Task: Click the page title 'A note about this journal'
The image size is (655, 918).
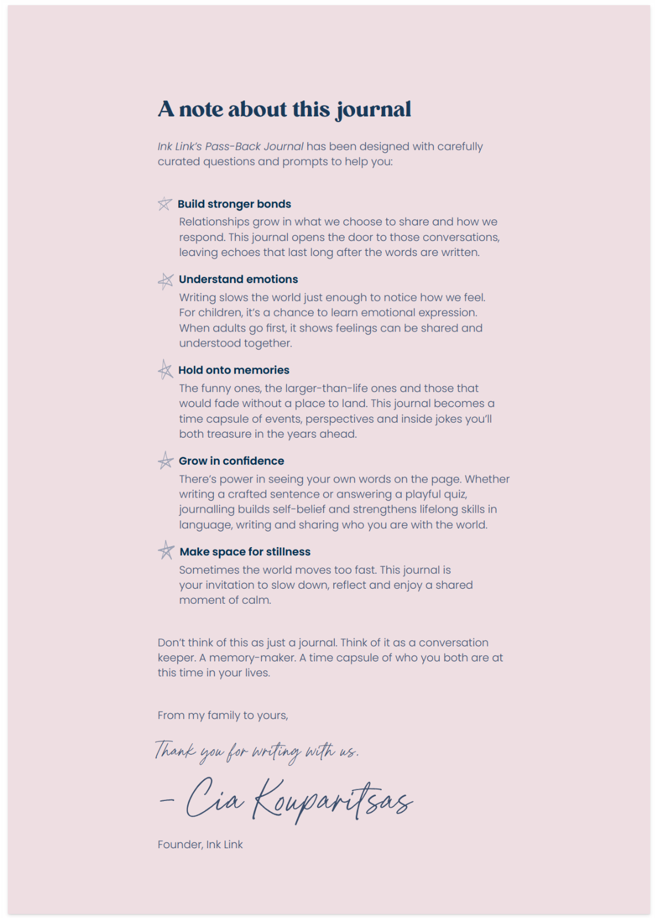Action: tap(284, 109)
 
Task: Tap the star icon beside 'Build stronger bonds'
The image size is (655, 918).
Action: tap(165, 204)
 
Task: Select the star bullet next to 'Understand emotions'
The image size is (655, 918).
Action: tap(165, 281)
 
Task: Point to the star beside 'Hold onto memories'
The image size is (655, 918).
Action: tap(165, 370)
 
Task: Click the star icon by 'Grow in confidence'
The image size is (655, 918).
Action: tap(165, 460)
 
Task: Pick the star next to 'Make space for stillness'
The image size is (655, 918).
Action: tap(166, 551)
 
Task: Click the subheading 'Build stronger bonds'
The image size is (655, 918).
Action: tap(234, 204)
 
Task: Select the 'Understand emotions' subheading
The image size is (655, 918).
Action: tap(238, 280)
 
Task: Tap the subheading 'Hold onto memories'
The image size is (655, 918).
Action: tap(234, 370)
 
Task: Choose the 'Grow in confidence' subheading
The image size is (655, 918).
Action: tap(231, 461)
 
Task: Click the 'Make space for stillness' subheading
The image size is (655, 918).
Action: tap(245, 552)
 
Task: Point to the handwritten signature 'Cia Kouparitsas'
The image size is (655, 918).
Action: tap(299, 799)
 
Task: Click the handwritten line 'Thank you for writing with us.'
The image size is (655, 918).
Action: tap(257, 751)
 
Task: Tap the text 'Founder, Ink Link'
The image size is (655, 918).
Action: tap(200, 844)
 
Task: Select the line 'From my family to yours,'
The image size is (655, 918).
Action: tap(223, 715)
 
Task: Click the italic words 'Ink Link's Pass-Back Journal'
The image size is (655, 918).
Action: tap(230, 146)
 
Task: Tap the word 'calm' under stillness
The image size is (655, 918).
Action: tap(257, 600)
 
